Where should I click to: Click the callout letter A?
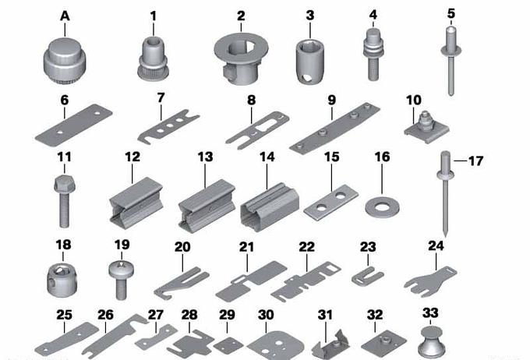click(65, 16)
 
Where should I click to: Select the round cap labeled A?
click(65, 58)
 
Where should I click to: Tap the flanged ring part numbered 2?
click(241, 58)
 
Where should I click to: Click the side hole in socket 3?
click(307, 78)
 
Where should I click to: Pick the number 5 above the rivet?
click(451, 14)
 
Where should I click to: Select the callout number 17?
click(475, 161)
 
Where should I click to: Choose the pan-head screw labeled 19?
click(120, 280)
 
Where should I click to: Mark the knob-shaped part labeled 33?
click(430, 341)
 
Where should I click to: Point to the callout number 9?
click(331, 100)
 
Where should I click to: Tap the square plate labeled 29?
click(228, 345)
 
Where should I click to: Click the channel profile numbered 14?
click(270, 206)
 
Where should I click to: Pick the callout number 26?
click(105, 315)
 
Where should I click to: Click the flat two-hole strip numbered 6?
click(74, 125)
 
